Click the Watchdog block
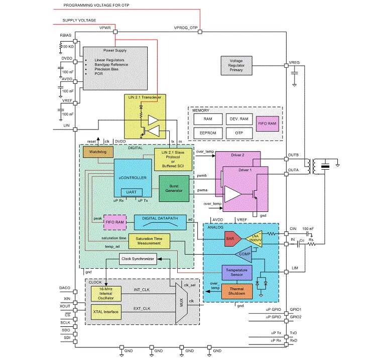pos(98,152)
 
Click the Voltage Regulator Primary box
pos(236,65)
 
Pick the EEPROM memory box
pos(208,133)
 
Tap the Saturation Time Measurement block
pos(149,241)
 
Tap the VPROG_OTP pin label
pos(186,28)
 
